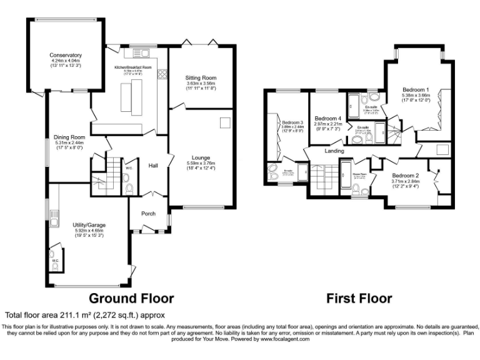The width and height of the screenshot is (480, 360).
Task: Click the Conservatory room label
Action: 67,54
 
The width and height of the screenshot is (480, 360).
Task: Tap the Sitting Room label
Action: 201,78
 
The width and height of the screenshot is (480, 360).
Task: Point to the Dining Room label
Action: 69,137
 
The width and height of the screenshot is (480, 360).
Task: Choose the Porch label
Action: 148,214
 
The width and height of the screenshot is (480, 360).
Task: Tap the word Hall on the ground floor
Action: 153,166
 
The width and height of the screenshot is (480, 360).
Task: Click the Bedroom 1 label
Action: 416,89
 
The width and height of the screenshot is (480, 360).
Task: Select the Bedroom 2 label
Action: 405,176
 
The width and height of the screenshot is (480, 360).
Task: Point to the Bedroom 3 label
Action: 292,122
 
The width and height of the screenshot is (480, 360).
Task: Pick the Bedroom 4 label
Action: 327,118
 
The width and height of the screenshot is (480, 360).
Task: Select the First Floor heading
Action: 359,298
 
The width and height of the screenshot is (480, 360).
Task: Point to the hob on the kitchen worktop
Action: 162,75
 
